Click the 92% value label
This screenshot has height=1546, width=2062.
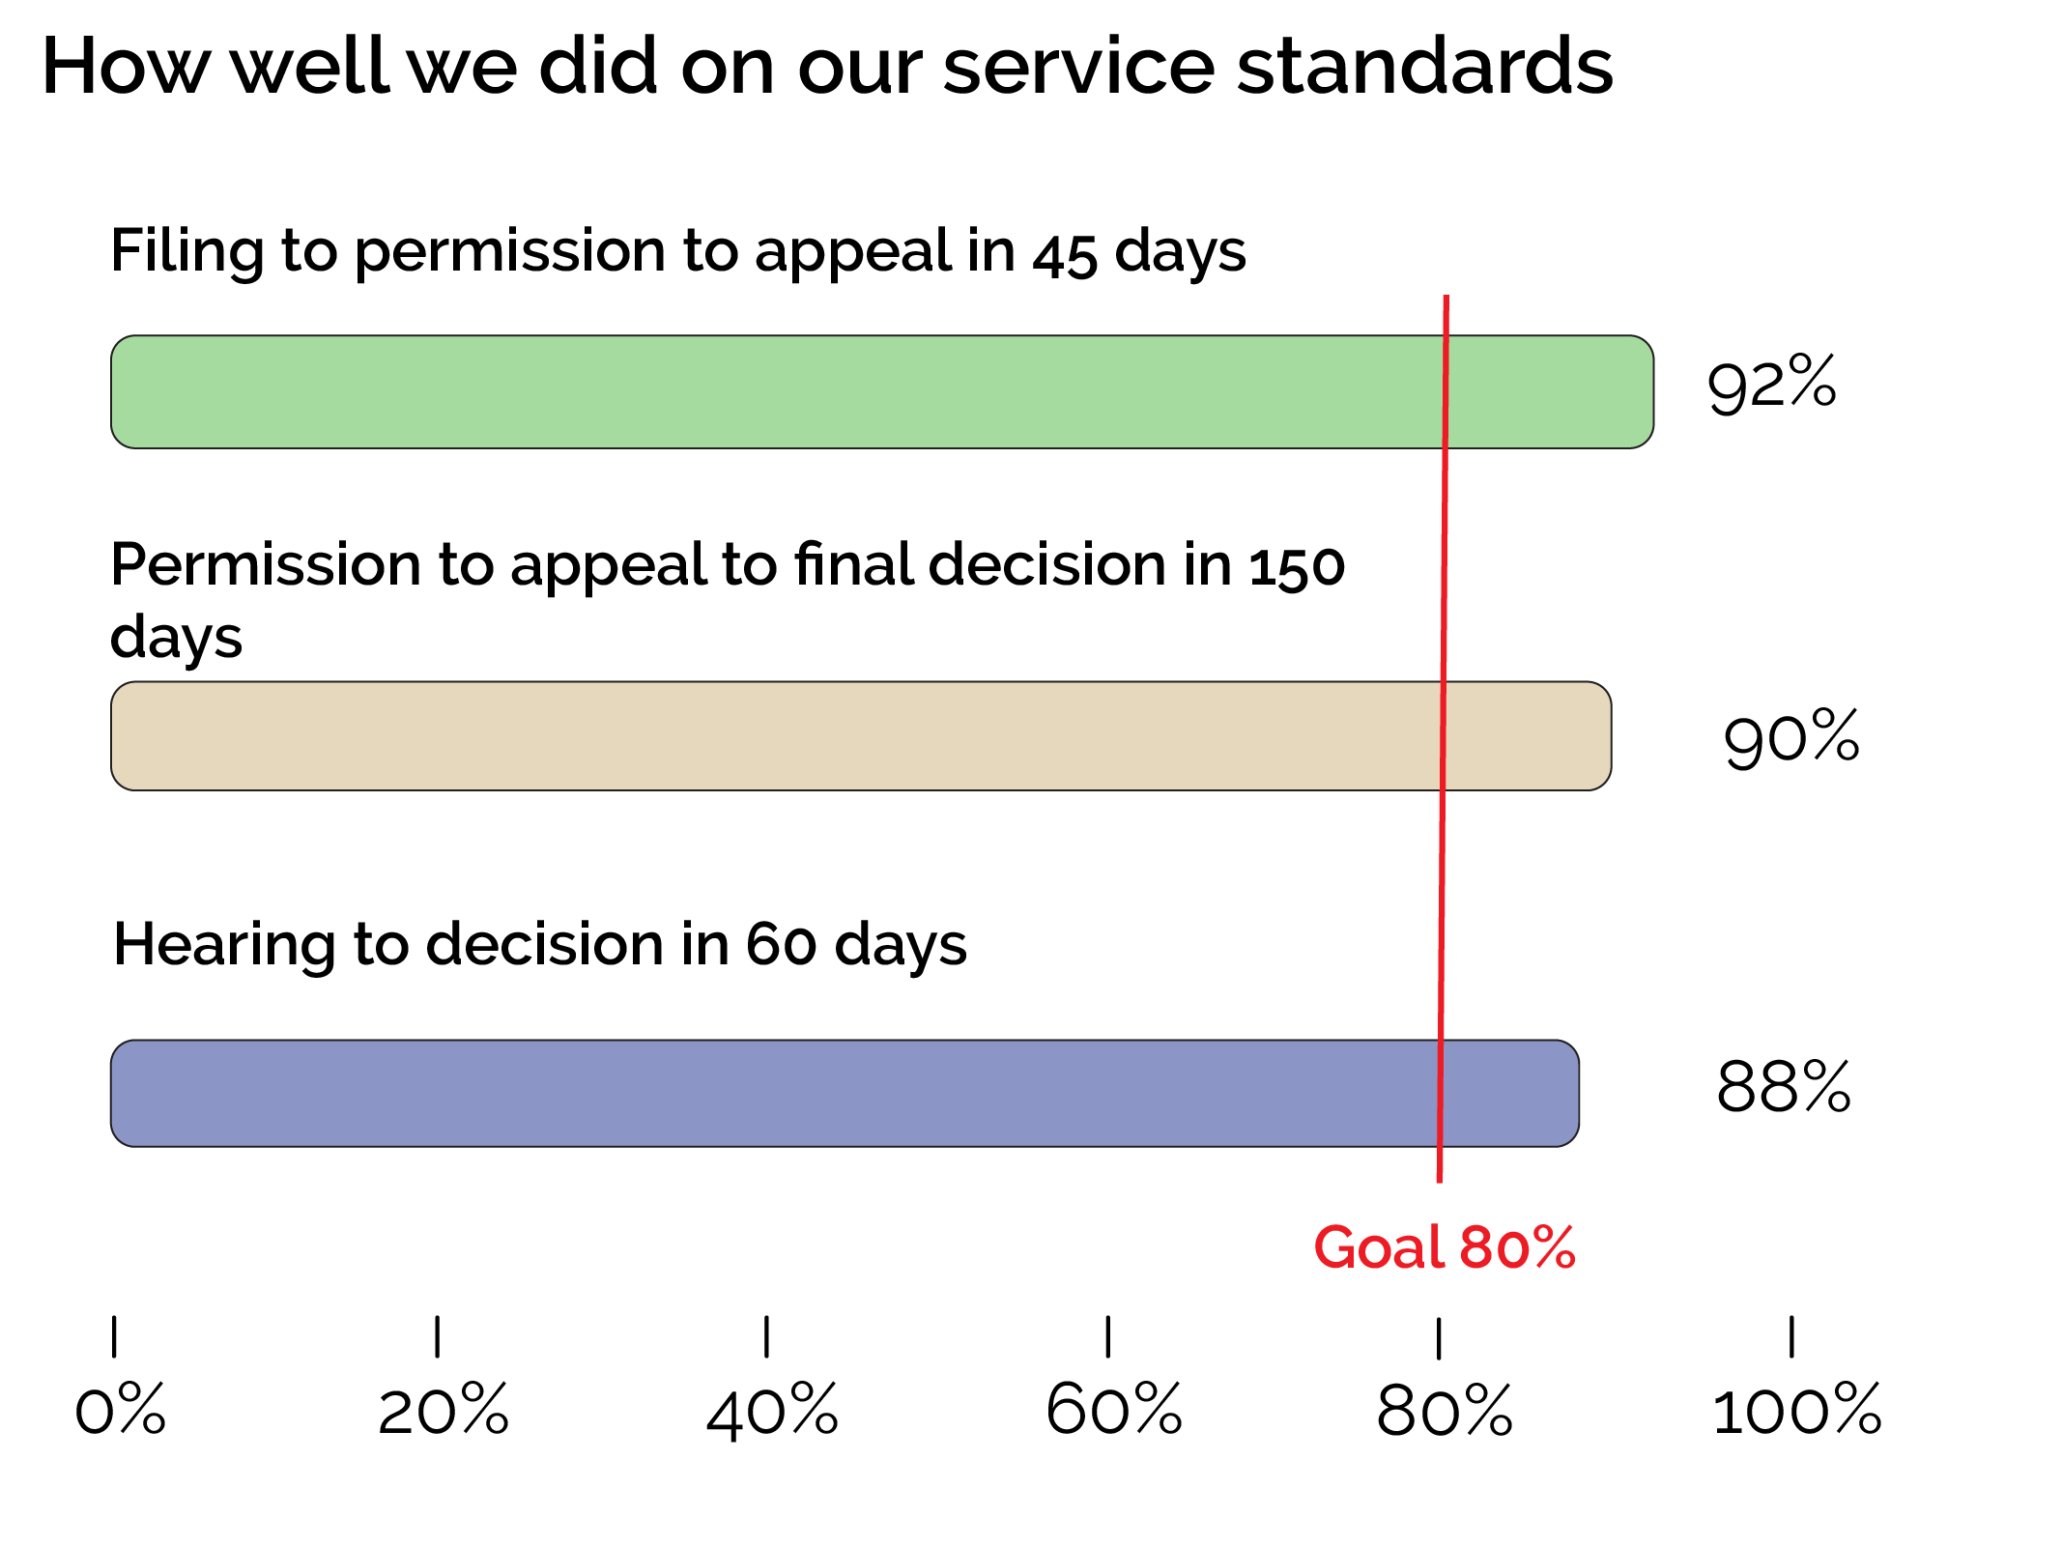[1771, 384]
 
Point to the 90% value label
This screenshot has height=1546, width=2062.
[1790, 737]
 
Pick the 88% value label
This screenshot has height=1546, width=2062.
[1783, 1086]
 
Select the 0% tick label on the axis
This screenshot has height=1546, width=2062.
[120, 1410]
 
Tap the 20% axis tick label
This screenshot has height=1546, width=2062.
[443, 1410]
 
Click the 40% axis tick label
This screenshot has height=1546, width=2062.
[771, 1410]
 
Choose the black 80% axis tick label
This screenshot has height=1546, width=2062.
[1444, 1410]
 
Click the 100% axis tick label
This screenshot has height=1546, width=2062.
[1796, 1410]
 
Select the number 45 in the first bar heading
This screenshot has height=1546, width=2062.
[1065, 255]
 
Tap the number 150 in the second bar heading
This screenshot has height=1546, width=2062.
[1297, 566]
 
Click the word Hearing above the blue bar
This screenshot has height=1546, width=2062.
[225, 944]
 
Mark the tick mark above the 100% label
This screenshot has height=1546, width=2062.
[1791, 1337]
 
